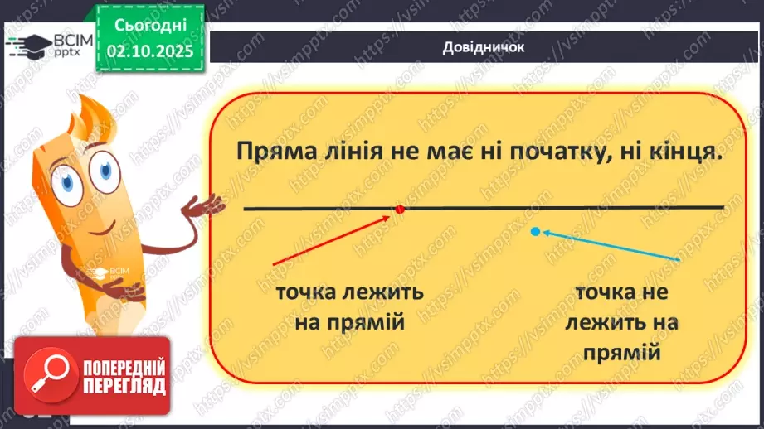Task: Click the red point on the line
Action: [399, 209]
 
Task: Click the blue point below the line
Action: [535, 232]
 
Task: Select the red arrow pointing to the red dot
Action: [332, 240]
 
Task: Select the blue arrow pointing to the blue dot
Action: [611, 246]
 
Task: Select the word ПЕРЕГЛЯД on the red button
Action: [124, 386]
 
